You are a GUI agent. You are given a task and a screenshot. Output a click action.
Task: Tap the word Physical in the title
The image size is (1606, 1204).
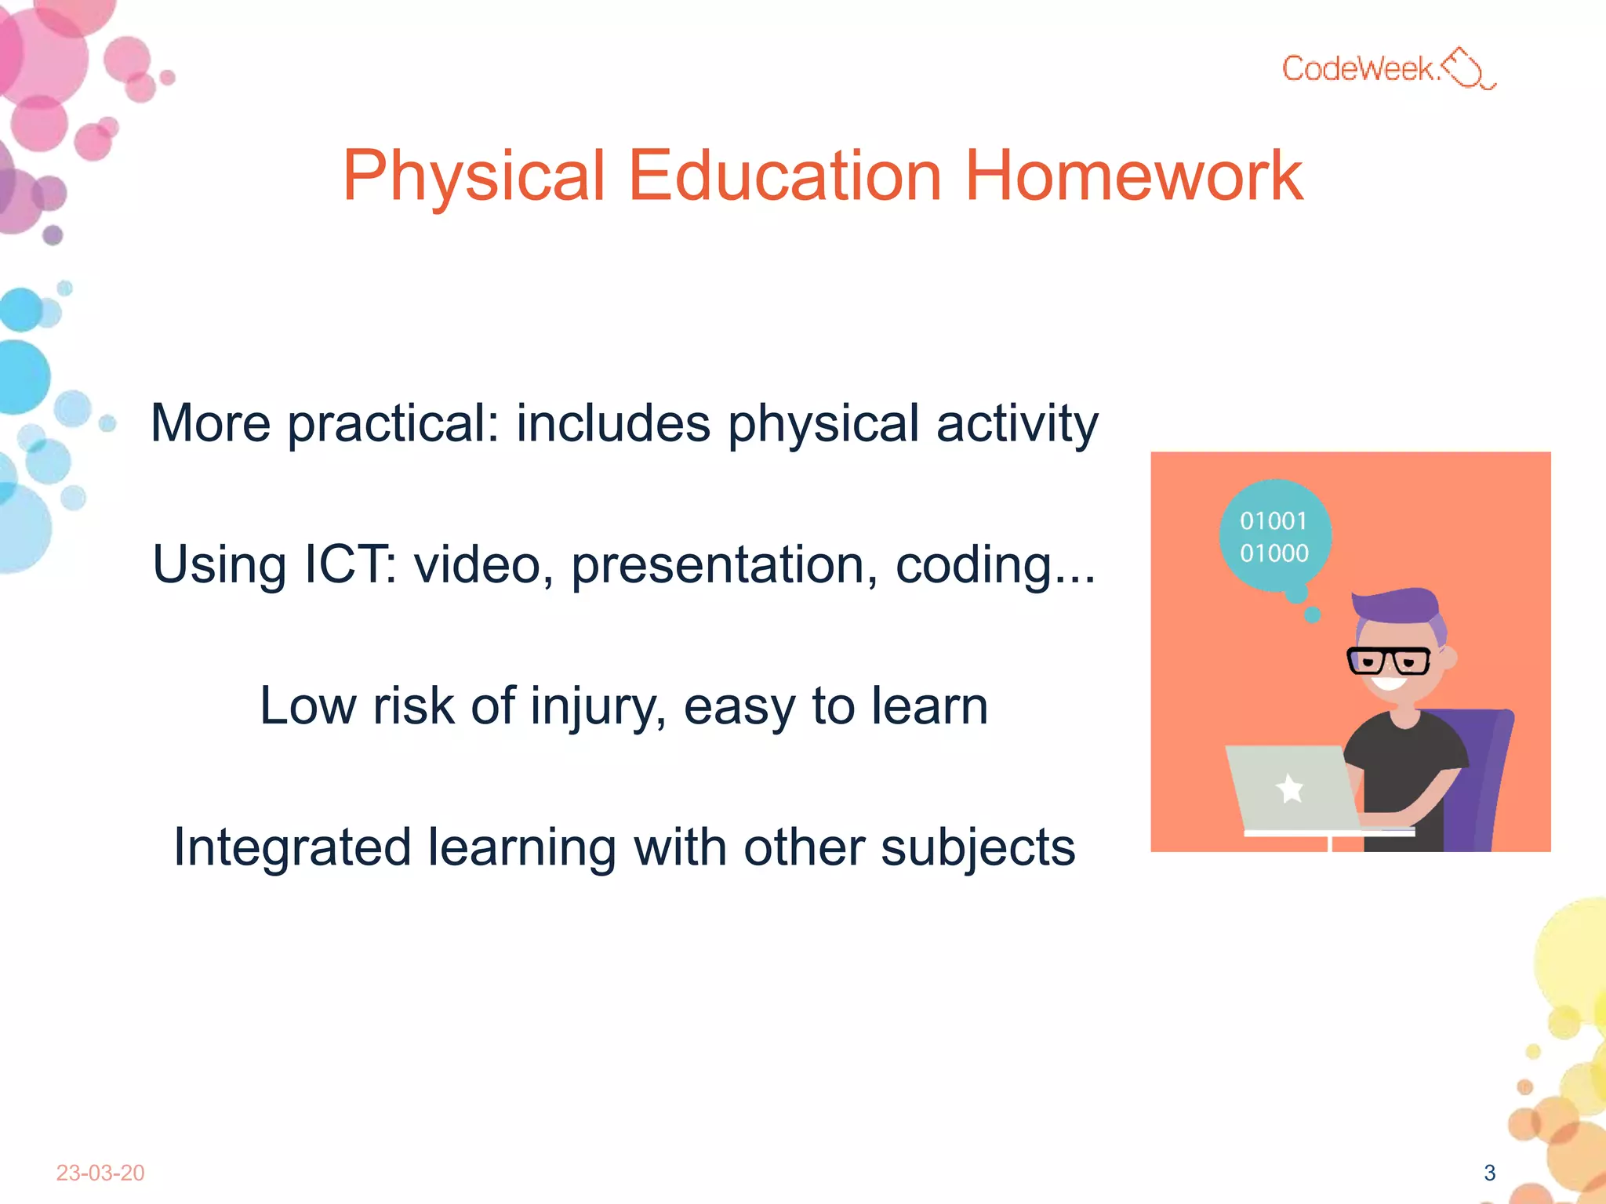(474, 176)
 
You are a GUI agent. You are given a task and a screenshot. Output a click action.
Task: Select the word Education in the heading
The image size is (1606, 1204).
(784, 176)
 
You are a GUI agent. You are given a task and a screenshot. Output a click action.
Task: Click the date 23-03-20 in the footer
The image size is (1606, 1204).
(100, 1173)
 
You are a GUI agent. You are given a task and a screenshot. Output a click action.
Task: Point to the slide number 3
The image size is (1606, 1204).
(1489, 1173)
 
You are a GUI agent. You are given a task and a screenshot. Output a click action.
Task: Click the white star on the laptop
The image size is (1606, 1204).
(1289, 788)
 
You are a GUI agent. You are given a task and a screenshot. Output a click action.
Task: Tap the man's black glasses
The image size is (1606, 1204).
(1389, 660)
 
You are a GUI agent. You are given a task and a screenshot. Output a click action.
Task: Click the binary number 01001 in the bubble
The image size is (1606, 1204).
(1274, 521)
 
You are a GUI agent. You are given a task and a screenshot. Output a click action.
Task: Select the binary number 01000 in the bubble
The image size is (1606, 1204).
(1274, 553)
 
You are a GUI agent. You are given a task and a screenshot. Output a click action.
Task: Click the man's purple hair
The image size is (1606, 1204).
(1400, 607)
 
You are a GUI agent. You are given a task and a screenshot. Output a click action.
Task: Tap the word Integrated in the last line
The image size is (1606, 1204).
(292, 847)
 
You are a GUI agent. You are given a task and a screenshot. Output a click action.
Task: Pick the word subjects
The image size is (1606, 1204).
(977, 847)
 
